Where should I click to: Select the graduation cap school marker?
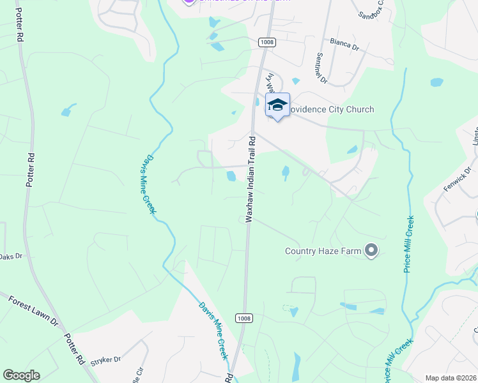coord(277,105)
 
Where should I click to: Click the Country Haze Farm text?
coord(323,251)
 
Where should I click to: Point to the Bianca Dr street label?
coord(346,43)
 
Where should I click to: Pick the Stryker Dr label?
coord(105,359)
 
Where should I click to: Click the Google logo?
coord(21,375)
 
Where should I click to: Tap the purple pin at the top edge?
coord(188,2)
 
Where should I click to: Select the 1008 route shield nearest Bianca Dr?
coord(266,42)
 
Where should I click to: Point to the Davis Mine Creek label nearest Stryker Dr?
coord(213,329)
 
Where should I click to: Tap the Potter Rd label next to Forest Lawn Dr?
coord(72,348)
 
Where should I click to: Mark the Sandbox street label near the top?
coord(371,10)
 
